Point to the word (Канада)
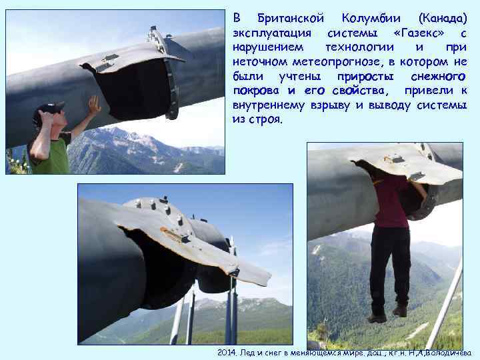click(441, 18)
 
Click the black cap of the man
click(48, 109)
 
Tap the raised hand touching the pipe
click(94, 104)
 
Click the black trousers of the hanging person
click(390, 263)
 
